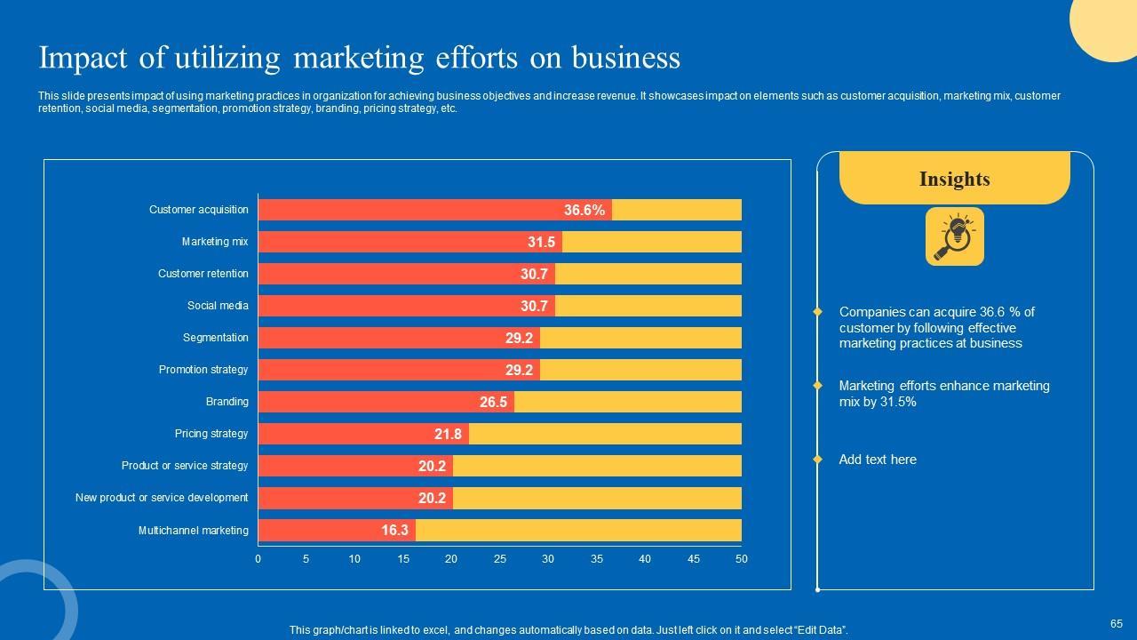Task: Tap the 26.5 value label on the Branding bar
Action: click(493, 403)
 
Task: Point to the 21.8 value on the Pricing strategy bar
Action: click(448, 435)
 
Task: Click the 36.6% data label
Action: click(584, 211)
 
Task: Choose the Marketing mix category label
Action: click(215, 242)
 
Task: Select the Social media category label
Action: click(218, 306)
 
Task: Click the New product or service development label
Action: click(162, 498)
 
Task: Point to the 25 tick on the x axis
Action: click(500, 559)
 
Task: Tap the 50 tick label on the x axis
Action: click(742, 559)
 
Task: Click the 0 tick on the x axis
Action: click(258, 559)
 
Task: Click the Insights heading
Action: click(954, 180)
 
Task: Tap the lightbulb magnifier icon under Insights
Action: click(954, 236)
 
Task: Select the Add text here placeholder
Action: click(878, 460)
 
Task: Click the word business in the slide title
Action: click(625, 58)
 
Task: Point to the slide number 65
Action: click(1117, 624)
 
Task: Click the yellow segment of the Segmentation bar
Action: click(640, 338)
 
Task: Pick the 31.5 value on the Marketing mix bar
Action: click(541, 243)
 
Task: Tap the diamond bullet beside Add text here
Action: click(818, 460)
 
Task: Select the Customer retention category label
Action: click(203, 274)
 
